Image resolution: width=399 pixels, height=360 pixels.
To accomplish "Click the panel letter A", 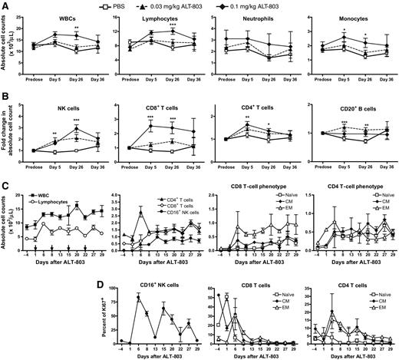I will (6, 7).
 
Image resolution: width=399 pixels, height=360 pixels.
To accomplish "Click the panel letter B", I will (6, 96).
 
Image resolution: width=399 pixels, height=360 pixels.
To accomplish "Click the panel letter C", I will (6, 183).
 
